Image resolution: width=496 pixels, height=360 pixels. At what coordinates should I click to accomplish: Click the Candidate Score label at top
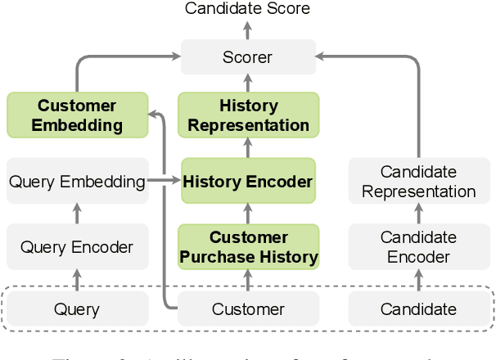pyautogui.click(x=247, y=9)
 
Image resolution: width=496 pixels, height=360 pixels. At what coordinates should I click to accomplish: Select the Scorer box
pyautogui.click(x=247, y=57)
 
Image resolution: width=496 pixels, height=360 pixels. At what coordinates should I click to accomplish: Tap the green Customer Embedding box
pyautogui.click(x=77, y=115)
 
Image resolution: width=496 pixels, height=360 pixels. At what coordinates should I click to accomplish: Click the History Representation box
pyautogui.click(x=248, y=115)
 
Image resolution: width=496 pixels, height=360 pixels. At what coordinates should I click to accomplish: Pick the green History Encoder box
pyautogui.click(x=248, y=182)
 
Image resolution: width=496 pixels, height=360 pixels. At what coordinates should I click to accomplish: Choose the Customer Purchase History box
pyautogui.click(x=248, y=247)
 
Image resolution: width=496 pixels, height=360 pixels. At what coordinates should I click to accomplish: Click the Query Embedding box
pyautogui.click(x=77, y=182)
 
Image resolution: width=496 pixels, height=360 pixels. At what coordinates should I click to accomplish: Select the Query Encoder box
pyautogui.click(x=77, y=247)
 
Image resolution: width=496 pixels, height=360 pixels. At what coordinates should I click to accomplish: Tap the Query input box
pyautogui.click(x=77, y=309)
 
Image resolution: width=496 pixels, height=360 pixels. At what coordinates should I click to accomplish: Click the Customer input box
pyautogui.click(x=248, y=309)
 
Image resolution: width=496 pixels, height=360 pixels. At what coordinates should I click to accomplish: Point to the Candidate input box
pyautogui.click(x=419, y=309)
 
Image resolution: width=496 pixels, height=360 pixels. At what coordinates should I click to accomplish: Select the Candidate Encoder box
pyautogui.click(x=419, y=247)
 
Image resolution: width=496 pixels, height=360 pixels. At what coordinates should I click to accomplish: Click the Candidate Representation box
pyautogui.click(x=419, y=182)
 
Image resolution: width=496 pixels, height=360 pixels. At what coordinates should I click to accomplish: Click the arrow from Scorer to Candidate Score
pyautogui.click(x=247, y=30)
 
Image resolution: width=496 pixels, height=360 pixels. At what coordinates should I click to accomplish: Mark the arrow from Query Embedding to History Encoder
pyautogui.click(x=164, y=182)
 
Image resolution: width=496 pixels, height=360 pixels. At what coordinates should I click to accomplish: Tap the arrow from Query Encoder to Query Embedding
pyautogui.click(x=77, y=214)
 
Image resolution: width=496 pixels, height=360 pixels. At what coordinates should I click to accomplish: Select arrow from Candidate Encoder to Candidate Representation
pyautogui.click(x=419, y=214)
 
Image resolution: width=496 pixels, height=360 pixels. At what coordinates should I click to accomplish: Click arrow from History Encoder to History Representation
pyautogui.click(x=247, y=148)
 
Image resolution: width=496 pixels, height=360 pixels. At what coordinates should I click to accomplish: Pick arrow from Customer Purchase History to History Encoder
pyautogui.click(x=247, y=214)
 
